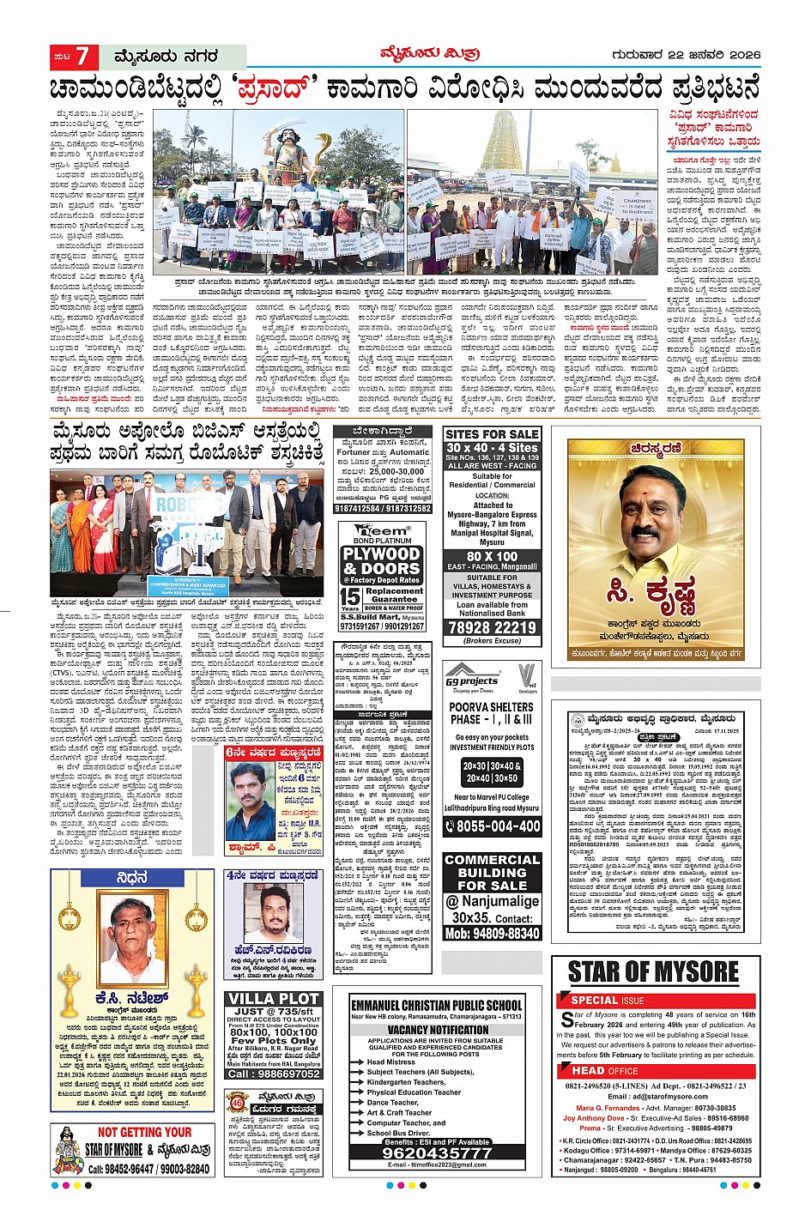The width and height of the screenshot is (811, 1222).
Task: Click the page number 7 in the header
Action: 82,57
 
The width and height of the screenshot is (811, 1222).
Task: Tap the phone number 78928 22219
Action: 492,627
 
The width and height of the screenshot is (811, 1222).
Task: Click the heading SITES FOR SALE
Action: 492,435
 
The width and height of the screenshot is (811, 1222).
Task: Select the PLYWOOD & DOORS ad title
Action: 381,561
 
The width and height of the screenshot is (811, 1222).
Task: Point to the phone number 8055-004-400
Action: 492,826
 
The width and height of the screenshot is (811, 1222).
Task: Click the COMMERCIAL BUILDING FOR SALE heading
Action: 492,872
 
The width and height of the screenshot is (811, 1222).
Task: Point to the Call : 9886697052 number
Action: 275,1074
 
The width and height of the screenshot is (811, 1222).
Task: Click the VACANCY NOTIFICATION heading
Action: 438,1029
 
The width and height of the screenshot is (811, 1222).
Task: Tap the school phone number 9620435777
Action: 437,1153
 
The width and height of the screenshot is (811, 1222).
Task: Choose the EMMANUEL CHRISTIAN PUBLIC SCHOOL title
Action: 437,1005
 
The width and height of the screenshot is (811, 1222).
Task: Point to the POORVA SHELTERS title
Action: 492,713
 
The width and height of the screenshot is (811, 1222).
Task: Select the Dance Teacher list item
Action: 394,1102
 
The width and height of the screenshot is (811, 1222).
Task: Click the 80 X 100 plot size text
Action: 492,556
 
